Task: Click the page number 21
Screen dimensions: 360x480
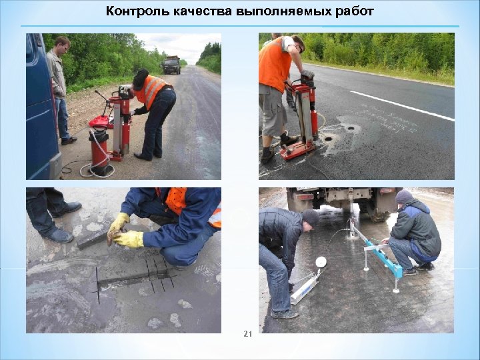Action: pos(247,334)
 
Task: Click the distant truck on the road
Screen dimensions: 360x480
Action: pos(171,65)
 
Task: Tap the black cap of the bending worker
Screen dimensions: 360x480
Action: pos(140,79)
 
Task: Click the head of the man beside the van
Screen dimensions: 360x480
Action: pos(62,45)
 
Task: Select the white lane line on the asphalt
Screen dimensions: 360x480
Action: pos(400,105)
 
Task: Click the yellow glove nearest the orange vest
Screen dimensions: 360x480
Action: pos(129,239)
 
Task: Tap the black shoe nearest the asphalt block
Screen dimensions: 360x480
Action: pos(60,235)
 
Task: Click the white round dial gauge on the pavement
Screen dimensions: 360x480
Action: pos(321,261)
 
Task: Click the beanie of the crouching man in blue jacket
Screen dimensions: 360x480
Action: pos(404,197)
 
